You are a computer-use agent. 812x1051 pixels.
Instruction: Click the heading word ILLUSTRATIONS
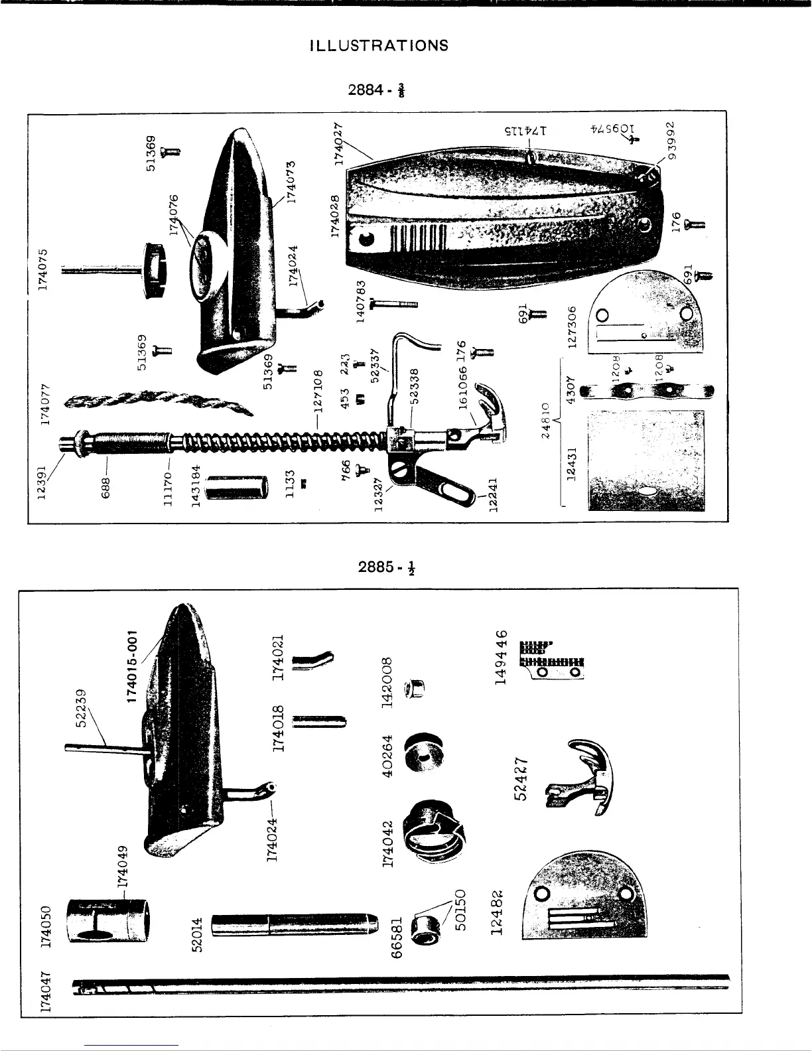(379, 46)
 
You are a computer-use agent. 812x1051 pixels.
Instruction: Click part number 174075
(44, 269)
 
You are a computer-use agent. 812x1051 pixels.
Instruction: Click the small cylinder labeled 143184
(237, 486)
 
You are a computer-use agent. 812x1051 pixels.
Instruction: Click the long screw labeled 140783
(393, 304)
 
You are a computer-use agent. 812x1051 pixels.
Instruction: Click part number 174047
(44, 989)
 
